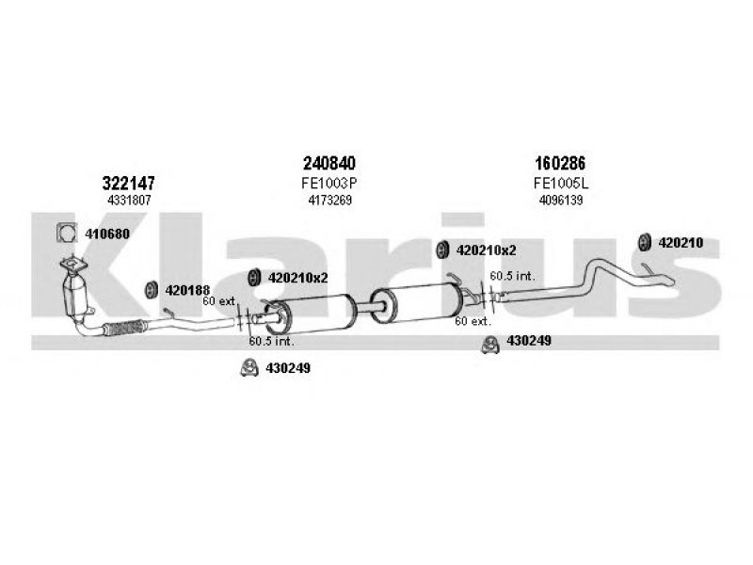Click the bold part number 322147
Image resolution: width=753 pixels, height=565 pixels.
coord(129,183)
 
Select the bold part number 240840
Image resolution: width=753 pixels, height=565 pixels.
coord(329,163)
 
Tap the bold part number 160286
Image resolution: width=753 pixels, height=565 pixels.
coord(560,163)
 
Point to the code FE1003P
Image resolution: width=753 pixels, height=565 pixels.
coord(329,183)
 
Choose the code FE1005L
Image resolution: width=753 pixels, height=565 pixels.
coord(561,183)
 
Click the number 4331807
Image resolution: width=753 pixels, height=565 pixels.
coord(129,200)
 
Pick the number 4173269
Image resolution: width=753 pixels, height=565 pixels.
coord(330,200)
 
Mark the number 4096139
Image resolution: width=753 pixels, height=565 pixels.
coord(561,200)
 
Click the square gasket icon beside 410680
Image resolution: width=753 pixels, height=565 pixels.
coord(66,233)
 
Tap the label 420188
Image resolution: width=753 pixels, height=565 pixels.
coord(187,290)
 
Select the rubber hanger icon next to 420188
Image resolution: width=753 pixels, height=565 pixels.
coord(152,290)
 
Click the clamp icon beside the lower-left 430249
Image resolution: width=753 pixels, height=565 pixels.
coord(249,368)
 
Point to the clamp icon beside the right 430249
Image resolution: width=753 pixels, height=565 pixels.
coord(490,345)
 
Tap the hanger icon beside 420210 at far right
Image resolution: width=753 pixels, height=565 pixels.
coord(645,242)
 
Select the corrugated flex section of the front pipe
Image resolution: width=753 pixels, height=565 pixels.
coord(124,328)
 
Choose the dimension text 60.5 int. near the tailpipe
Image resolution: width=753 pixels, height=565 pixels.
coord(512,276)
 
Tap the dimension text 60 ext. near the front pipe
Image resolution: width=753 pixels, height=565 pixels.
coord(219,301)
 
